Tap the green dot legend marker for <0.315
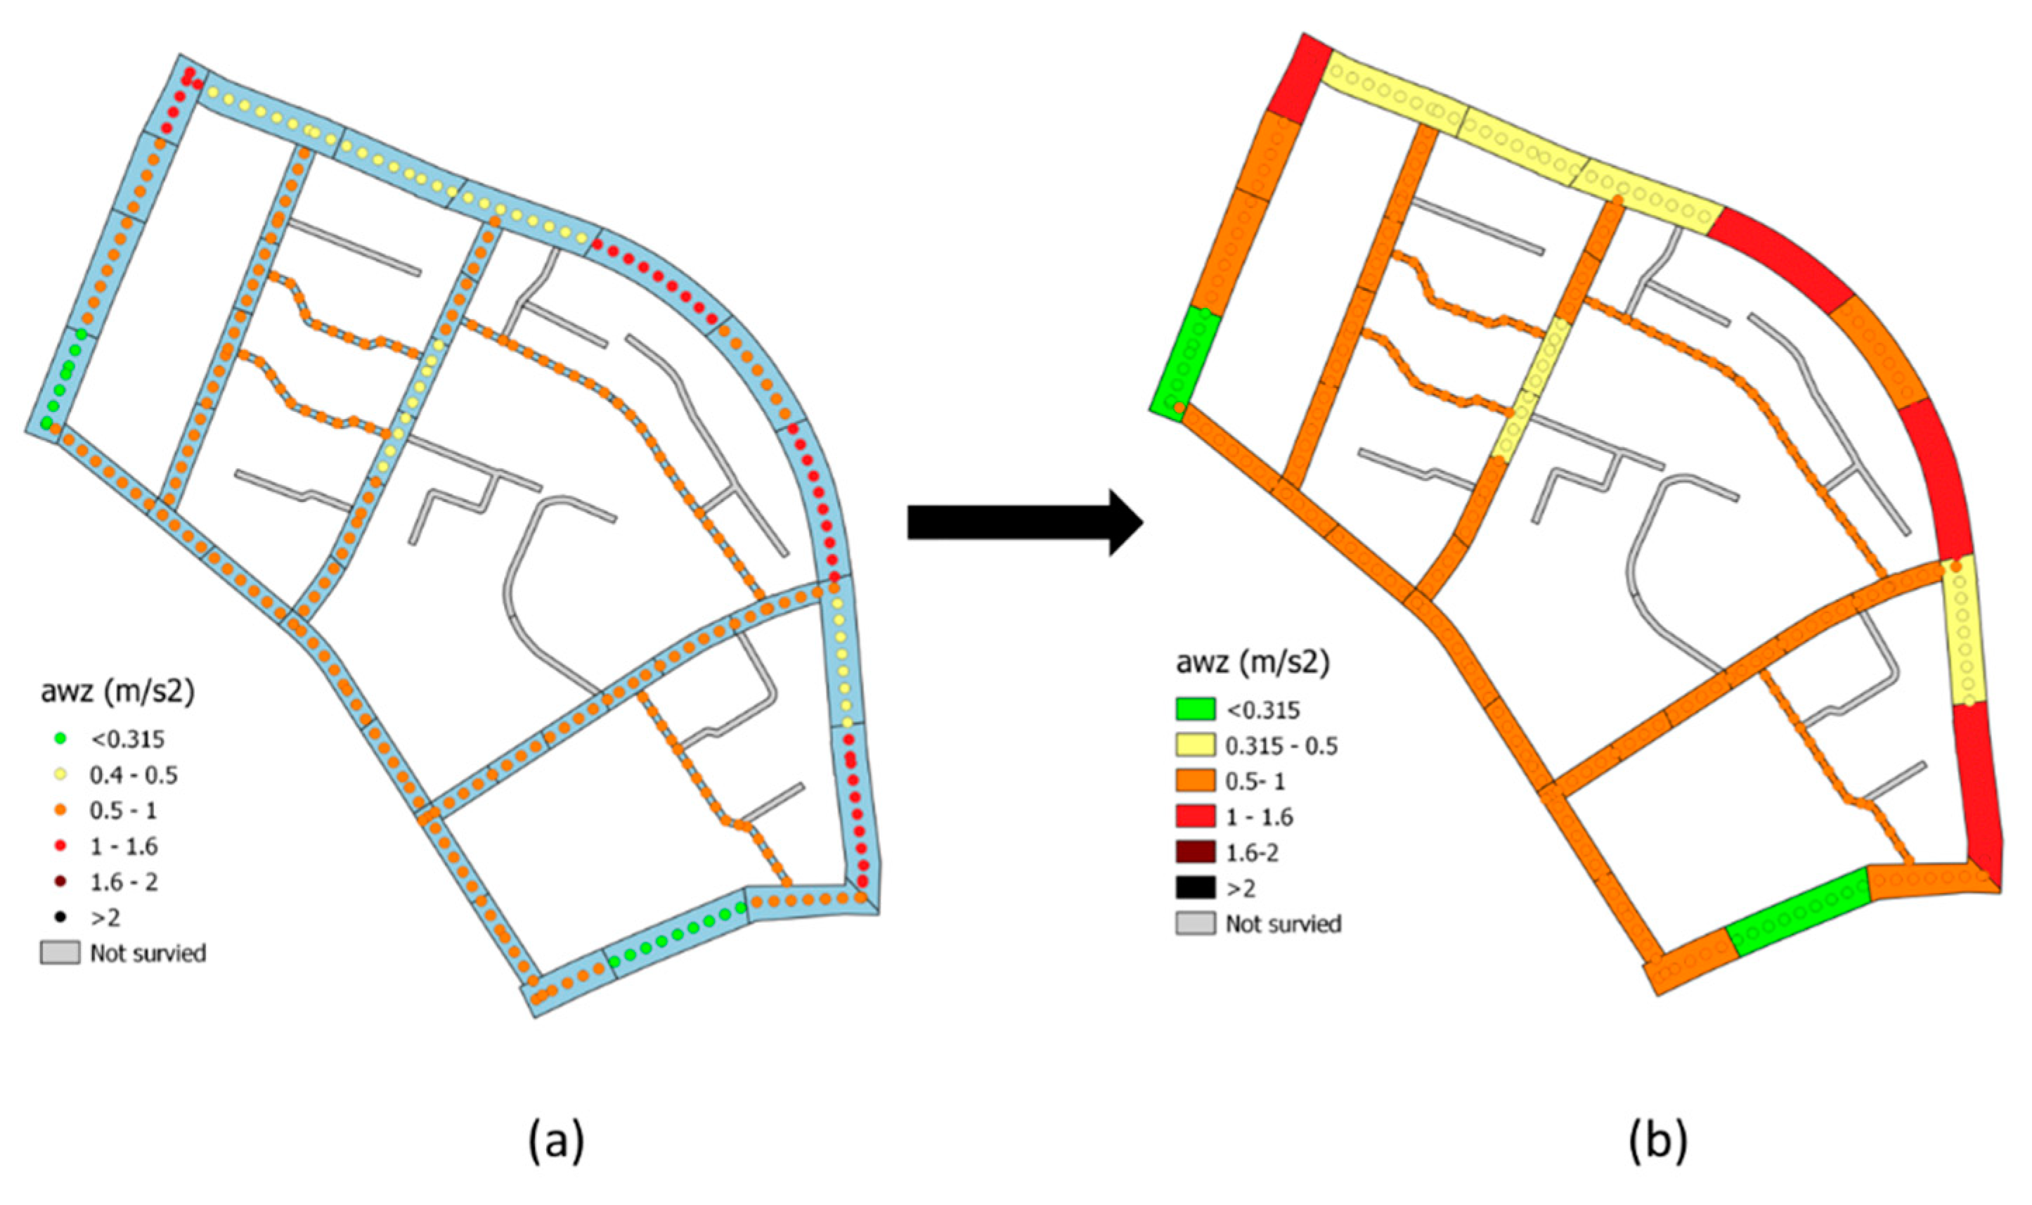pos(60,739)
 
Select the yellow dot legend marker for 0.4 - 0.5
pos(60,775)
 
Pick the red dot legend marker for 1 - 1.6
pos(60,846)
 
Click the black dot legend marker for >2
pos(60,917)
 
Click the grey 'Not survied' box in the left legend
pos(60,953)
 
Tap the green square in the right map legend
pos(1195,709)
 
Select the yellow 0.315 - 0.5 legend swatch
pos(1195,745)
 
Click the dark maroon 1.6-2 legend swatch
pos(1195,852)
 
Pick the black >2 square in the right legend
pos(1195,887)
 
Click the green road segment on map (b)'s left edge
pos(1185,361)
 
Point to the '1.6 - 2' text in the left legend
pos(124,882)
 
